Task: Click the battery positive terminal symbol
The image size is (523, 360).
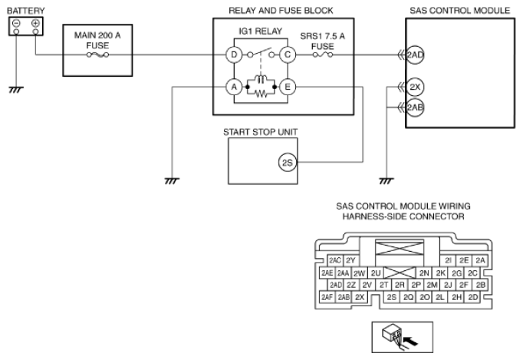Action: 35,23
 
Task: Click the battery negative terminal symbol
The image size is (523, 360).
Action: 16,23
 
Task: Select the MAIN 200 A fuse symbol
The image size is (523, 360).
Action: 97,54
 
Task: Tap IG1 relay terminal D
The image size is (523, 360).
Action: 234,54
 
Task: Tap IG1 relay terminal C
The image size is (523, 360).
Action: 288,54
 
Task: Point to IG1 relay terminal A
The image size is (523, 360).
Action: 234,88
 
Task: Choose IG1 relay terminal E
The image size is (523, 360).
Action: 288,88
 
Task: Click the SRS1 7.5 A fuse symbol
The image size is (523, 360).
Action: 323,54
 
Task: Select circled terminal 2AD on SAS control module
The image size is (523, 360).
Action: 415,54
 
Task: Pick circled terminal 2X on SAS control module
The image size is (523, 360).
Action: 415,88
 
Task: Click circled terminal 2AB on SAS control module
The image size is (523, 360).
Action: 415,107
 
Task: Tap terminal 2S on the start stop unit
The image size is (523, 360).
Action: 287,163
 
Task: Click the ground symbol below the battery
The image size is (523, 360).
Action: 15,90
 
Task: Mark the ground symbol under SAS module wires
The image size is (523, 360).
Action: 386,181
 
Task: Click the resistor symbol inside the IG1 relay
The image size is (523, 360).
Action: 261,94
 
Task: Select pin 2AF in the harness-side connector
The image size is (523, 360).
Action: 327,297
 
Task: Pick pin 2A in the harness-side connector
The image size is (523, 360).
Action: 480,260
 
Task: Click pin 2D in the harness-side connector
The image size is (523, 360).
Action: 473,297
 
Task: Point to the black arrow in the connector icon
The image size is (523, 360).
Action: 410,341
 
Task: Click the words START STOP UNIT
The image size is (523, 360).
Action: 261,132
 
